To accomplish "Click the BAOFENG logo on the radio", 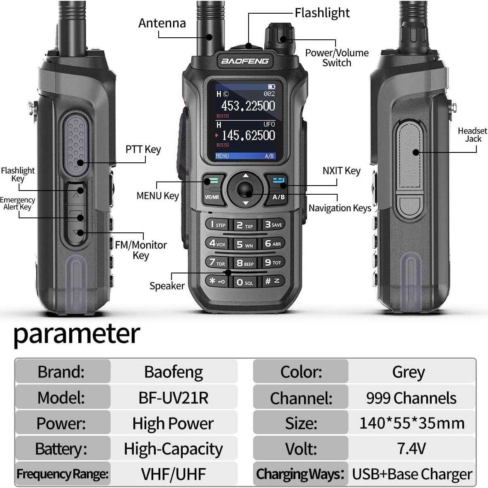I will click(x=245, y=61).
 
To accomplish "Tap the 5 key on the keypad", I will click(x=244, y=244).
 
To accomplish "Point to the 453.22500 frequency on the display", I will click(x=248, y=106).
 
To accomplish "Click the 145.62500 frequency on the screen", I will click(x=248, y=135).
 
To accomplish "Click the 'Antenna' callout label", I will click(x=162, y=23).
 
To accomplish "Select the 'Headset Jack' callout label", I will click(x=472, y=135).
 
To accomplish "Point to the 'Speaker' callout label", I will click(x=167, y=286).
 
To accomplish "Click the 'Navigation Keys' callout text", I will click(x=340, y=208).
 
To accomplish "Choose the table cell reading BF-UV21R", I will click(x=174, y=398).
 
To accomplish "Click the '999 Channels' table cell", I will click(x=411, y=398).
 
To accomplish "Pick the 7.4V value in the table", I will click(x=411, y=448).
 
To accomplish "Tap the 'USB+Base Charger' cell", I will click(x=412, y=474).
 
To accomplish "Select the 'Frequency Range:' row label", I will click(x=63, y=474).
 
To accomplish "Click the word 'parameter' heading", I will click(x=77, y=334).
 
